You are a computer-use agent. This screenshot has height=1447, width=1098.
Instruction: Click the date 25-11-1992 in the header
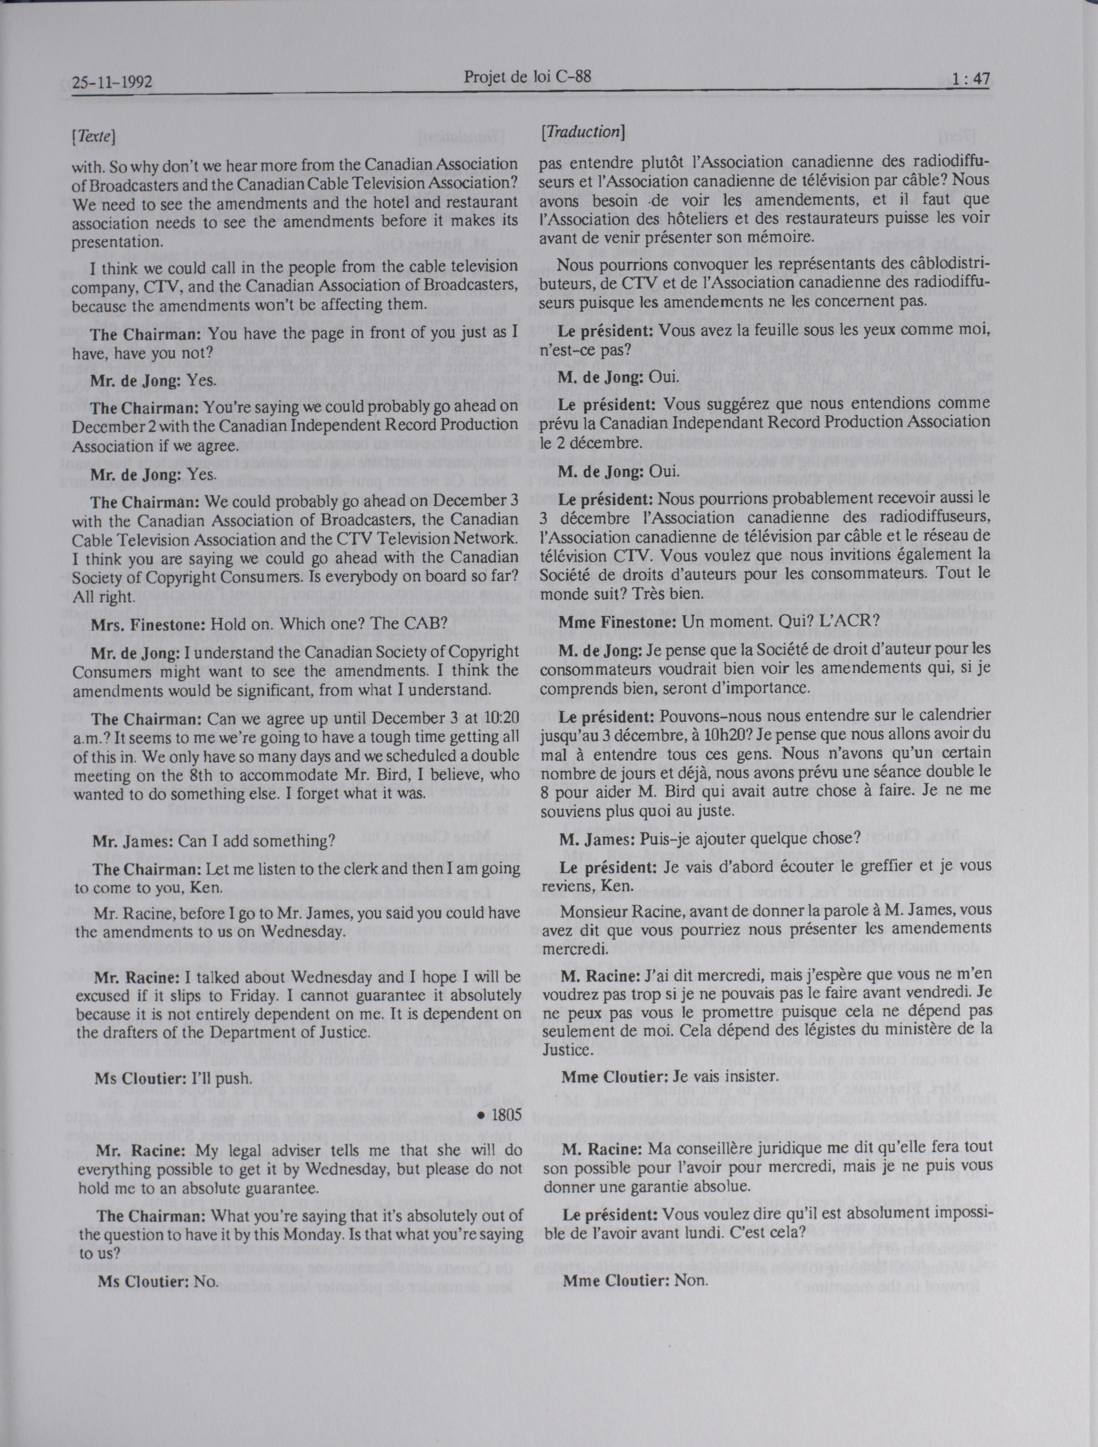click(112, 82)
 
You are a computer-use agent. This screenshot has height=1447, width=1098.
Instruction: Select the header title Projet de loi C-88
click(527, 77)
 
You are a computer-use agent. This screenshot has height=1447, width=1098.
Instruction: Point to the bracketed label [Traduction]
click(583, 132)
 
